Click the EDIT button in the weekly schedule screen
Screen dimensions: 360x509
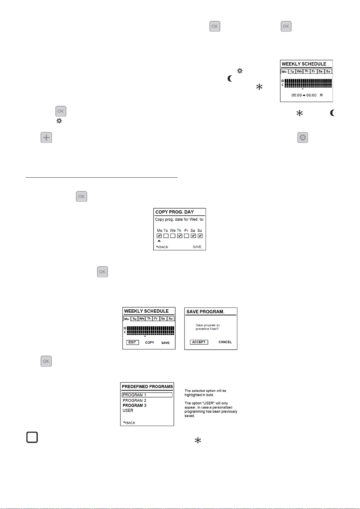[x=132, y=343]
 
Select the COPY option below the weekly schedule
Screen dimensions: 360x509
[x=149, y=343]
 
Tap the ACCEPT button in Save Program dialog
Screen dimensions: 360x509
[x=199, y=342]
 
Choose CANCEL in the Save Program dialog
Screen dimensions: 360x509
[x=225, y=342]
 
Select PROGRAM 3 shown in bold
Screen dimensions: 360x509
[x=134, y=405]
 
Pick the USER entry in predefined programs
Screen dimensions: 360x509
[x=128, y=411]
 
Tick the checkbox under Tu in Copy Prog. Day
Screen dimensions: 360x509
[x=166, y=236]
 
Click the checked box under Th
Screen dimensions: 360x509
[x=180, y=236]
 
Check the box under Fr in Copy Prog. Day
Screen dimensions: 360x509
[x=186, y=236]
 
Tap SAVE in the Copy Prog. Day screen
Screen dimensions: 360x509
[x=197, y=247]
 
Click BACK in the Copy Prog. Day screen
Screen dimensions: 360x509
[x=162, y=247]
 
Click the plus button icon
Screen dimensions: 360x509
[x=46, y=137]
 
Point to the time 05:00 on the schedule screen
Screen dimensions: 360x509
[x=297, y=95]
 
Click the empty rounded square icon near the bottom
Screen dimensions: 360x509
[x=32, y=437]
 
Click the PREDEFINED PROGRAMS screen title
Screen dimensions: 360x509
[x=147, y=387]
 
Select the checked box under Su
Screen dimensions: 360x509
[x=200, y=236]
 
